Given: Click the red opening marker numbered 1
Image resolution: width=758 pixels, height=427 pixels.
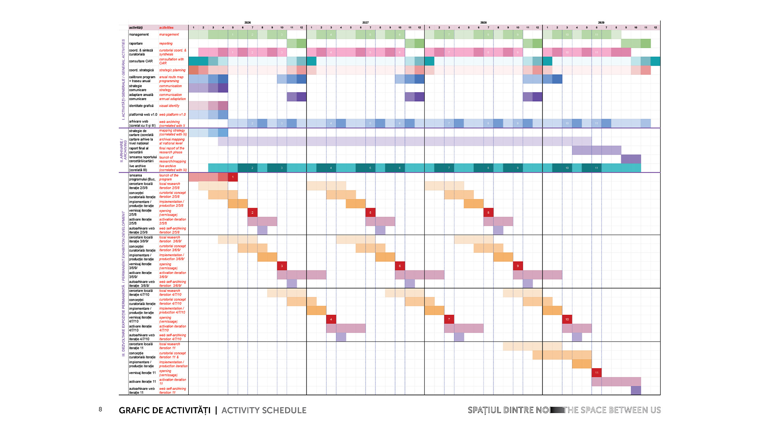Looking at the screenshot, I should coord(233,177).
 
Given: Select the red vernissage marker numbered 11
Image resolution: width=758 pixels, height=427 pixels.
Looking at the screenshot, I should coord(596,372).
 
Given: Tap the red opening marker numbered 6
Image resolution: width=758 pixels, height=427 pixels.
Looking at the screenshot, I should coord(400,266).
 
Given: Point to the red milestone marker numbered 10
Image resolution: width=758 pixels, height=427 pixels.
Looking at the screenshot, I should coord(567,319).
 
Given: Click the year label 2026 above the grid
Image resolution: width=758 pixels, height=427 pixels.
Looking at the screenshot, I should coord(248,23).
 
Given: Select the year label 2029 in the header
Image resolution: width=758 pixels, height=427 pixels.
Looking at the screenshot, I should coord(601,23).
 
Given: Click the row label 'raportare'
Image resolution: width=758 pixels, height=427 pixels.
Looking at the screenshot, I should coord(136,43).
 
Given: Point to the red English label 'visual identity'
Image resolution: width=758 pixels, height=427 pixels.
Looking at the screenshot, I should coord(169,106).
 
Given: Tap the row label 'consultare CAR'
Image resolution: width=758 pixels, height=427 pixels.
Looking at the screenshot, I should coord(141,61).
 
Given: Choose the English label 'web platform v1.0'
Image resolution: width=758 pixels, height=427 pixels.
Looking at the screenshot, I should coord(172,115).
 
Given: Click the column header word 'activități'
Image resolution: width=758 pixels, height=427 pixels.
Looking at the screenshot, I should coord(136,28).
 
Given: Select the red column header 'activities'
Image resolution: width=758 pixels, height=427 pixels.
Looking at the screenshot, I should coord(166,28).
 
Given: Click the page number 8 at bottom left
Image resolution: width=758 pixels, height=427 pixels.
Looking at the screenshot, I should coord(100,409).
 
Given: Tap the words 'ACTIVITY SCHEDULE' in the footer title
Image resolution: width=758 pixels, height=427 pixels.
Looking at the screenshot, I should coord(264,410).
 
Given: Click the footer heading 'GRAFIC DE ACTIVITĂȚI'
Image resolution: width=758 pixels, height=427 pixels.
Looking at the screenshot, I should coord(165,410).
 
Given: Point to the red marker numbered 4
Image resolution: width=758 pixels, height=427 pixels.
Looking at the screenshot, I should coord(331,319).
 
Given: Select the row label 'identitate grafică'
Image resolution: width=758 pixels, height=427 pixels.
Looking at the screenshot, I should coord(141,106).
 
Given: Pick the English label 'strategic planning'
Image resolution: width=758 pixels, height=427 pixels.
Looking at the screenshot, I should coord(172,70).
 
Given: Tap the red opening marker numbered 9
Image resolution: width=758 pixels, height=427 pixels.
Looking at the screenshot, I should coord(518,266).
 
